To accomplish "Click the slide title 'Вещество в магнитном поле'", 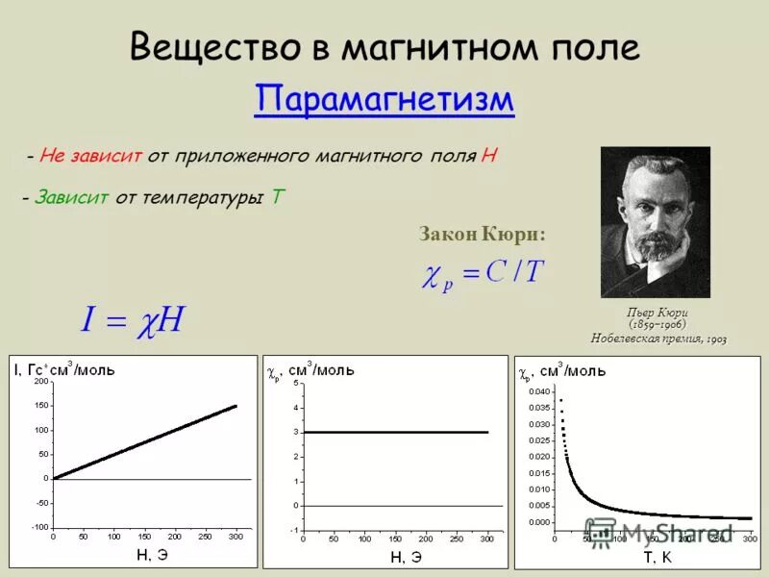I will coord(384,45).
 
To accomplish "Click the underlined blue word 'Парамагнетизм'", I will coord(384,100).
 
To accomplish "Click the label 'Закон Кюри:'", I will coord(482,234).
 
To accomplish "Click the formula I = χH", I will coord(132,320).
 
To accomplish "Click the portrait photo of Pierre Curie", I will coord(655,222).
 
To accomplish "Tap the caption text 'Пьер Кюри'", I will coord(657,313).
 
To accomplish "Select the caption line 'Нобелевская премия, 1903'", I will coord(657,339).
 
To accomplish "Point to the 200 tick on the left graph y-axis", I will coord(40,382).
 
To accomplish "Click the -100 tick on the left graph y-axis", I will coord(38,527).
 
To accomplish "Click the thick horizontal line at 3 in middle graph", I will coord(395,432).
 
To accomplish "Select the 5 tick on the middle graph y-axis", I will coord(296,384).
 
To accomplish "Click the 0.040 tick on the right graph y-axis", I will coord(539,391).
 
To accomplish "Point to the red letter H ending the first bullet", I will coord(490,156).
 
